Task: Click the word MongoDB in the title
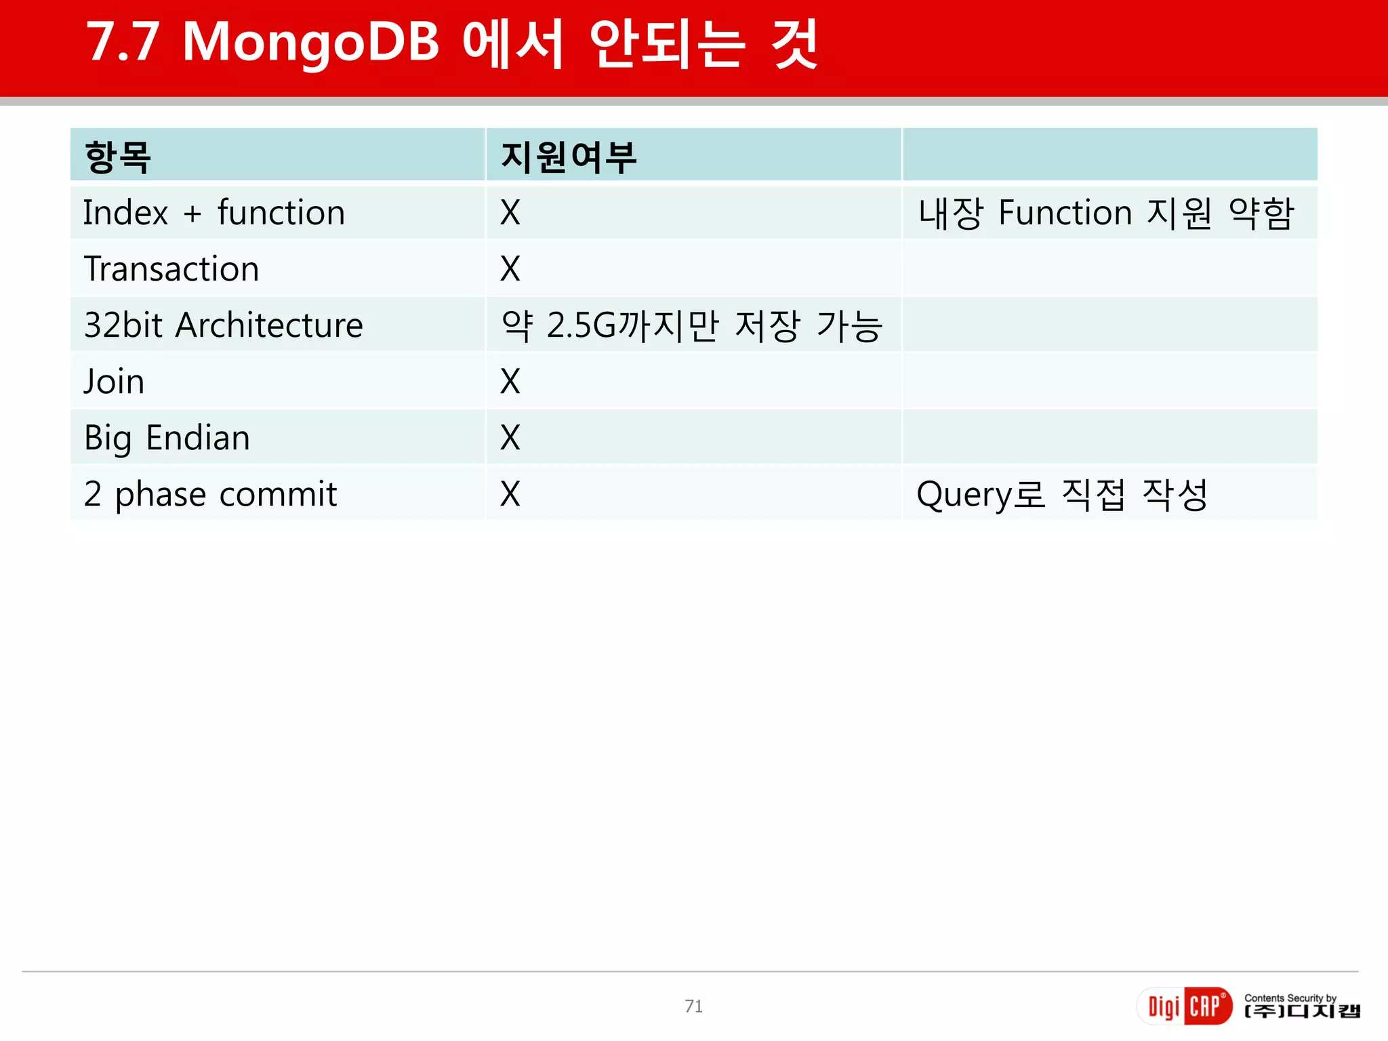pyautogui.click(x=311, y=43)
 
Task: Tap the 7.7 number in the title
pyautogui.click(x=123, y=43)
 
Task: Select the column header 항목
pyautogui.click(x=117, y=157)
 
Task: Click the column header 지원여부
pyautogui.click(x=569, y=157)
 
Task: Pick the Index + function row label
pyautogui.click(x=214, y=213)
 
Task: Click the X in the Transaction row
pyautogui.click(x=510, y=269)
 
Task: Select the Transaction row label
pyautogui.click(x=171, y=269)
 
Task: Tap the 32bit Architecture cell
pyautogui.click(x=224, y=325)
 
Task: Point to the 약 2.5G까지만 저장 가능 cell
pyautogui.click(x=692, y=325)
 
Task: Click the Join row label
pyautogui.click(x=114, y=382)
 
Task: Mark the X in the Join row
pyautogui.click(x=510, y=382)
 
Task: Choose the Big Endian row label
pyautogui.click(x=167, y=438)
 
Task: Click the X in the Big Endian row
pyautogui.click(x=510, y=438)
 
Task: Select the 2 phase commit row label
pyautogui.click(x=210, y=494)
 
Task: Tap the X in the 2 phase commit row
pyautogui.click(x=510, y=494)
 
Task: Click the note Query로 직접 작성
pyautogui.click(x=1062, y=494)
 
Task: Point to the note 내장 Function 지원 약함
pyautogui.click(x=1106, y=213)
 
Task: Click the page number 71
pyautogui.click(x=693, y=1006)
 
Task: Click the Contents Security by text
pyautogui.click(x=1290, y=998)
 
